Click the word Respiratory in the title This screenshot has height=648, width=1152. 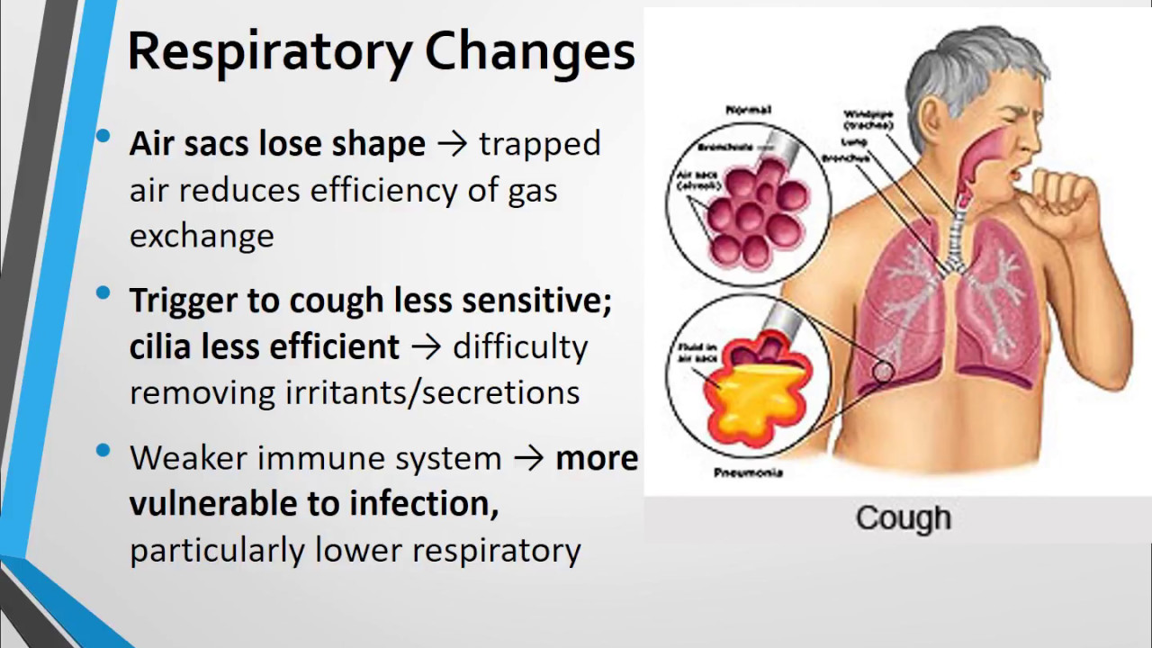(270, 52)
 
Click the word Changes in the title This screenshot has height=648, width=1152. (530, 52)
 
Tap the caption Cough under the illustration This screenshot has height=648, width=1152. (903, 518)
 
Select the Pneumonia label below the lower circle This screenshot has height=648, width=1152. (748, 472)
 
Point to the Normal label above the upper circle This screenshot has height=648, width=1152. (748, 110)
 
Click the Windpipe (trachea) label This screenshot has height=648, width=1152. (868, 120)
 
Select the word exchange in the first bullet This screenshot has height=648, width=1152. (202, 236)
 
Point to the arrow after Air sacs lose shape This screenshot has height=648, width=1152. (452, 144)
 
